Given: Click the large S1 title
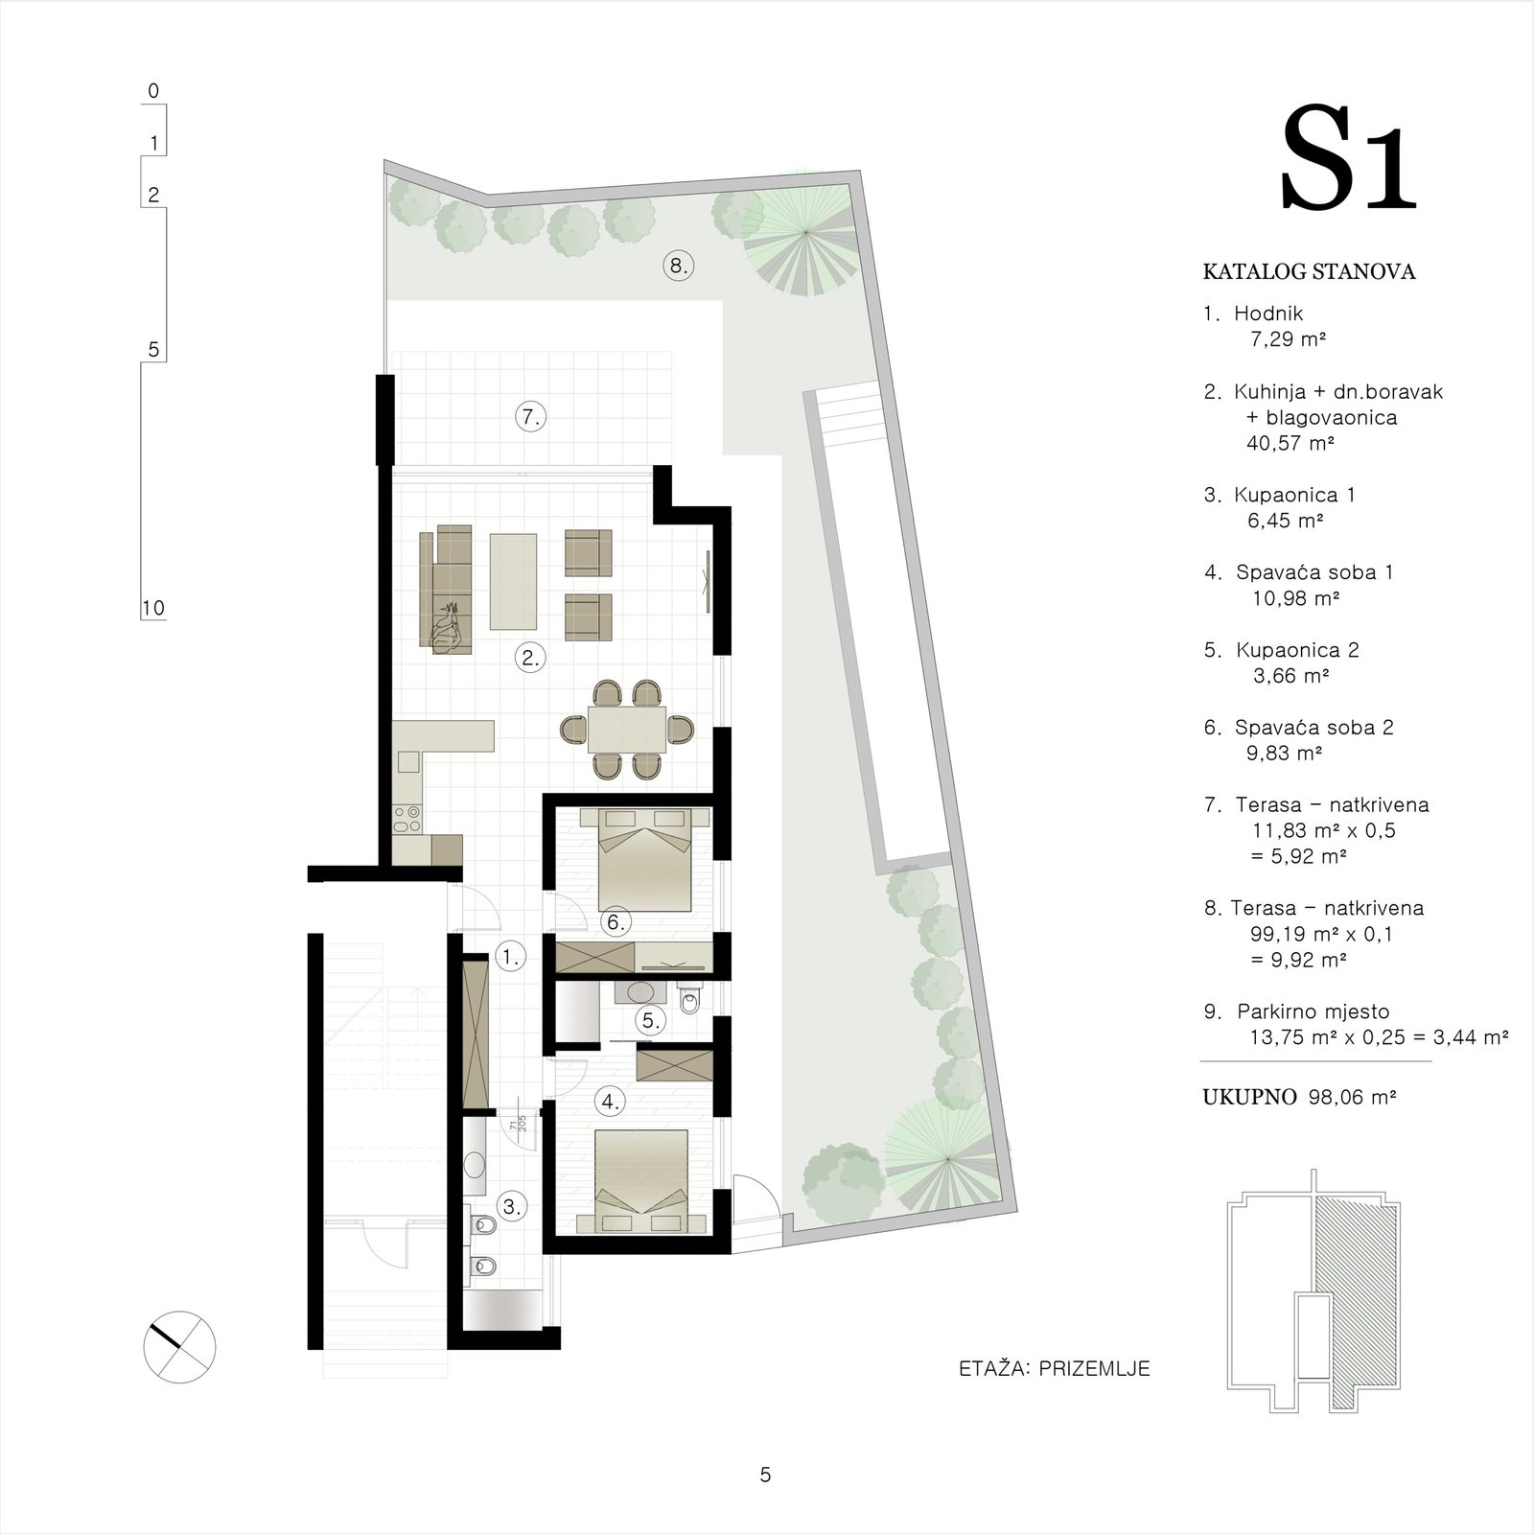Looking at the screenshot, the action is pos(1348,158).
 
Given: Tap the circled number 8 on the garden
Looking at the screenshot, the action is pos(678,266).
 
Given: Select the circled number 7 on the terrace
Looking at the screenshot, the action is pos(530,417).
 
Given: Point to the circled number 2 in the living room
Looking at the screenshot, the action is pos(530,658).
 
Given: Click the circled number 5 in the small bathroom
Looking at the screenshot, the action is pos(652,1020).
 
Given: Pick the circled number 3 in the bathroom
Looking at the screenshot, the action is pos(512,1207).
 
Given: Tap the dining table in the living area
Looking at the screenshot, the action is pos(627,730).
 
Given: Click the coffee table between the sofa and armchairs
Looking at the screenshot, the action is pos(513,581).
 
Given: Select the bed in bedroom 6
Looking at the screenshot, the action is pos(644,858).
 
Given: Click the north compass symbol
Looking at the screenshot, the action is pos(179,1346).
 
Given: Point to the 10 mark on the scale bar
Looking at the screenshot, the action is pos(152,608).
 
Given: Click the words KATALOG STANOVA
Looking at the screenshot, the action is pos(1309,272).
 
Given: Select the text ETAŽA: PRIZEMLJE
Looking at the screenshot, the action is pos(1054,1368).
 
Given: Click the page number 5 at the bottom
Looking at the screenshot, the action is pos(765,1475).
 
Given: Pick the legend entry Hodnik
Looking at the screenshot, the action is pos(1268,314).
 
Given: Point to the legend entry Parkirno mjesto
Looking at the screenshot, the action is pos(1313,1011).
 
